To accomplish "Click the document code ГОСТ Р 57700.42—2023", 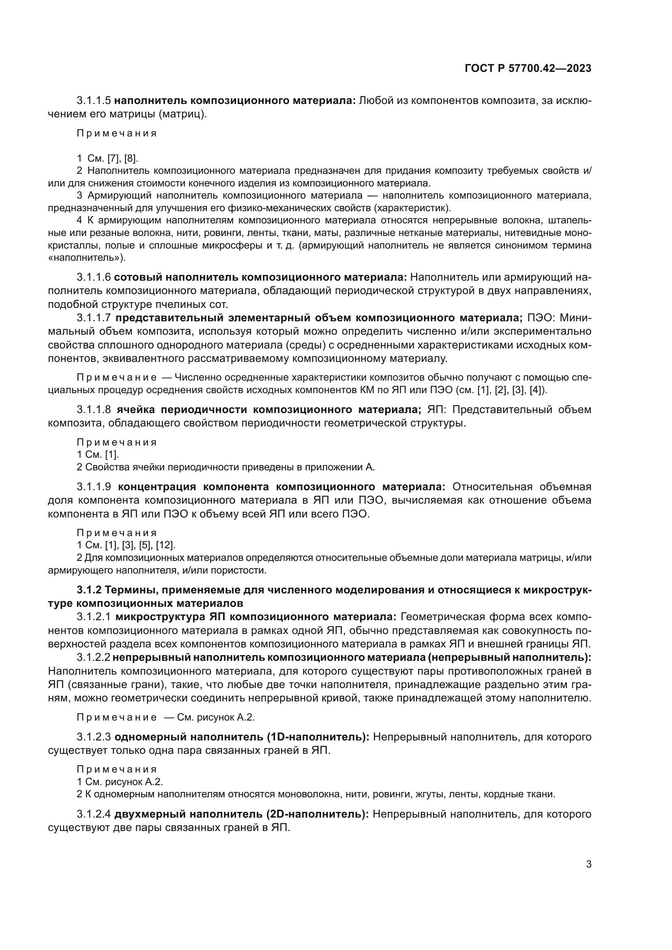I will pyautogui.click(x=528, y=68).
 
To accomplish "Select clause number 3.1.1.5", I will pyautogui.click(x=94, y=101).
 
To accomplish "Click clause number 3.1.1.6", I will pyautogui.click(x=94, y=277).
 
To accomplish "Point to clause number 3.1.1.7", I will pyautogui.click(x=94, y=318).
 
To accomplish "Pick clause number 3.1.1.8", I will pyautogui.click(x=94, y=410).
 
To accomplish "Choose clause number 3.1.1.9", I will pyautogui.click(x=94, y=487).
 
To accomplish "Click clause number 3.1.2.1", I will pyautogui.click(x=94, y=617).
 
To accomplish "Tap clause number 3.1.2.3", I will pyautogui.click(x=94, y=737).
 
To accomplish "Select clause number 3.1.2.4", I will pyautogui.click(x=94, y=814).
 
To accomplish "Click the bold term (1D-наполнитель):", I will pyautogui.click(x=318, y=737).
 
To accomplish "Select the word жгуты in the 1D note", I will pyautogui.click(x=424, y=794).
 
